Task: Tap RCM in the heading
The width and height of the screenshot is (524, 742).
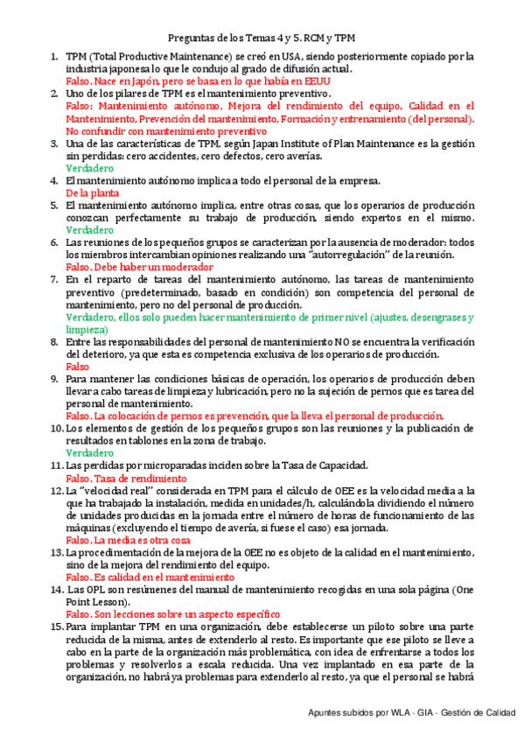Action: [x=310, y=39]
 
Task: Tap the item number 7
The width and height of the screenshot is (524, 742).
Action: [x=53, y=279]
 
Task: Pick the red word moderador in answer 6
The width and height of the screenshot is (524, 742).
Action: [x=185, y=267]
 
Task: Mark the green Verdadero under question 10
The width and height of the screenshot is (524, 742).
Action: [x=89, y=453]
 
